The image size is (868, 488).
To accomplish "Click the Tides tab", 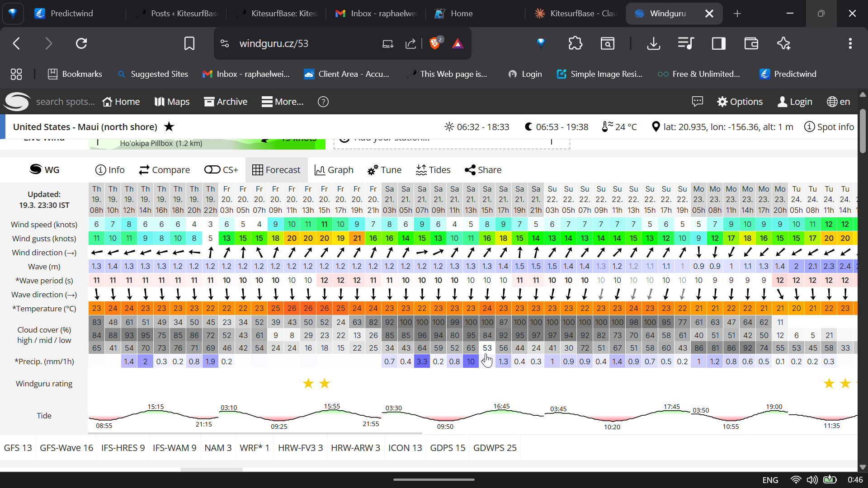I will pyautogui.click(x=433, y=170).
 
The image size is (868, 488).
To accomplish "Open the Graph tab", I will pyautogui.click(x=334, y=170).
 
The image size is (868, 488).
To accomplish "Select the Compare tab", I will pyautogui.click(x=165, y=170).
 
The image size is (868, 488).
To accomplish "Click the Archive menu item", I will pyautogui.click(x=226, y=102).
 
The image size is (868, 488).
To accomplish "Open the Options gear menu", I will pyautogui.click(x=740, y=102).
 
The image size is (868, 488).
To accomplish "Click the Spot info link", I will pyautogui.click(x=829, y=127).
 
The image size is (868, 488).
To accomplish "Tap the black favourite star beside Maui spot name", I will pyautogui.click(x=169, y=127).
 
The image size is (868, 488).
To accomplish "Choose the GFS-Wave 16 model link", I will pyautogui.click(x=66, y=448).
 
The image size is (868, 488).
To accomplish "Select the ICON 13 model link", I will pyautogui.click(x=405, y=448).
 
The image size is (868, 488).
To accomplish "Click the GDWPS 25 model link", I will pyautogui.click(x=495, y=448).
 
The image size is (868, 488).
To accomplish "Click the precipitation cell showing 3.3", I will pyautogui.click(x=422, y=361).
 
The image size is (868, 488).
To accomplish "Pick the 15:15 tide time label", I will pyautogui.click(x=156, y=407).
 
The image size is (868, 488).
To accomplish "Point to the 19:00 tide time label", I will pyautogui.click(x=774, y=407).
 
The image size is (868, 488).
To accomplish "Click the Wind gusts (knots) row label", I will pyautogui.click(x=44, y=239).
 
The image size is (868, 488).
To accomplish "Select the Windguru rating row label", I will pyautogui.click(x=44, y=384).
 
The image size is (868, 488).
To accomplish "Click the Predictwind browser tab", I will pyautogui.click(x=71, y=14).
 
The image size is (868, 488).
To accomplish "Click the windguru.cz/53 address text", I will pyautogui.click(x=274, y=44).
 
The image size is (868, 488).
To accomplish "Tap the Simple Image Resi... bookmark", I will pyautogui.click(x=606, y=74).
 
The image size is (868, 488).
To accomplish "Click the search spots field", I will pyautogui.click(x=66, y=102).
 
